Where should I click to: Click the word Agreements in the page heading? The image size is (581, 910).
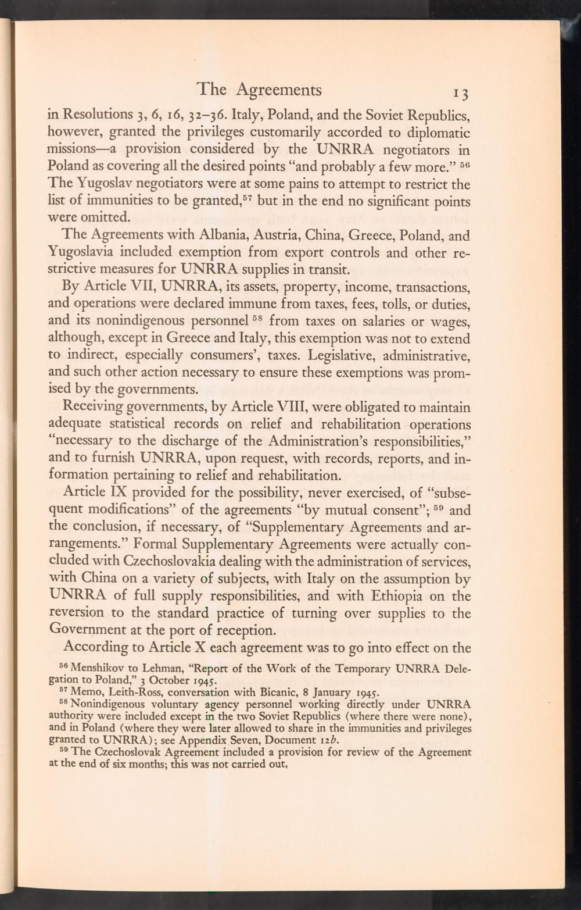(x=279, y=90)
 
